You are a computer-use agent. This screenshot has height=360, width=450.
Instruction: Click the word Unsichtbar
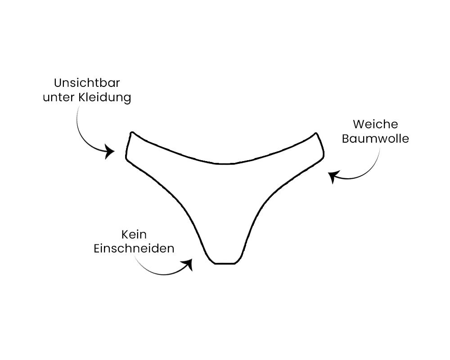coord(87,83)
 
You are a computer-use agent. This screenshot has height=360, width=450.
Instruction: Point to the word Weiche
coord(375,124)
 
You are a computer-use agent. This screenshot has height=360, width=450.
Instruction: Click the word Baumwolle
coord(375,138)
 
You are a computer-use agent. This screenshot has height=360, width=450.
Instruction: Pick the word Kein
coord(134,234)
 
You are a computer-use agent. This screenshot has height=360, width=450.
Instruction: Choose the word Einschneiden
coord(134,248)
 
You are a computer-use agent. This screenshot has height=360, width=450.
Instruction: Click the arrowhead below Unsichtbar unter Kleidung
coord(110,151)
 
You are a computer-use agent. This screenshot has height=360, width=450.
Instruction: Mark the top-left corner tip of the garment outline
coord(132,133)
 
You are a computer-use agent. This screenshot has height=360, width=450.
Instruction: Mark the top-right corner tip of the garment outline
coord(316,133)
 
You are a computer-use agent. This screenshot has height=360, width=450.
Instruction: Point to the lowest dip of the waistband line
coord(225,164)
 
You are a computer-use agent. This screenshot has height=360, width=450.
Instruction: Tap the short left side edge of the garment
coord(128,147)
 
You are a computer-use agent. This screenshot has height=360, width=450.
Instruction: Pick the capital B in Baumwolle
coord(346,138)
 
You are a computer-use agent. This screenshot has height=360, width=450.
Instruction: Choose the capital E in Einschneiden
coord(97,248)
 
